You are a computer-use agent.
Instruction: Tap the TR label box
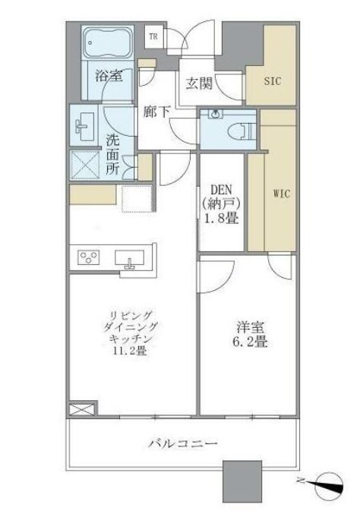coord(153,36)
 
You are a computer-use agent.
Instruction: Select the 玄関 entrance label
coord(199,84)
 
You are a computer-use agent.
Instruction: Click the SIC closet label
coord(273,80)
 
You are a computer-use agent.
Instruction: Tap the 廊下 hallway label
coord(156,112)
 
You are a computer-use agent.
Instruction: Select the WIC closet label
coord(282,194)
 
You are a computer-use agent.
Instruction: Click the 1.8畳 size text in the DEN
coord(221,218)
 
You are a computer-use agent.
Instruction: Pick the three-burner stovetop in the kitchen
coord(89,257)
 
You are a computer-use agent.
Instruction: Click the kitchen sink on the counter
coord(130,257)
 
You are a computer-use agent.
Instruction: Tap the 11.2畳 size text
coord(130,351)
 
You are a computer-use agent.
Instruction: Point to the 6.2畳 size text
coord(250,342)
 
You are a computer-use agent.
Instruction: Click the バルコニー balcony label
coord(183,444)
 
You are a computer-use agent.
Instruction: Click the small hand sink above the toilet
coord(216,114)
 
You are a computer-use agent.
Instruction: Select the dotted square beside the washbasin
coord(84,166)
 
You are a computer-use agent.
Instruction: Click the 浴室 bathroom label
coord(109,76)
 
